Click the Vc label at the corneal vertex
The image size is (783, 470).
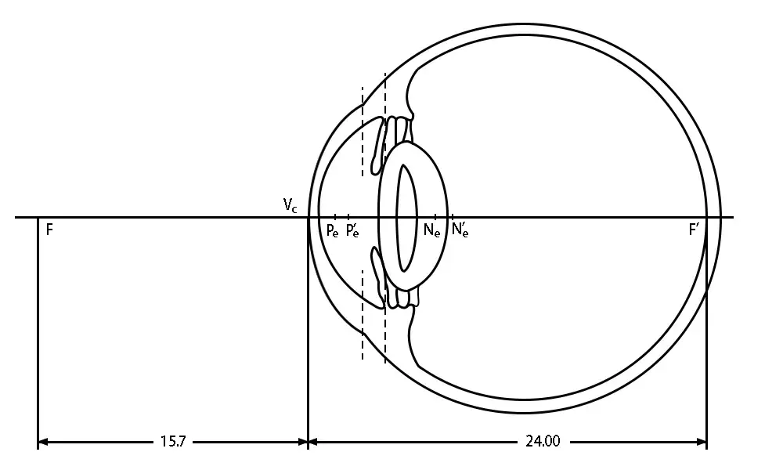[x=290, y=204]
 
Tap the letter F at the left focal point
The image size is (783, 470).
[x=49, y=230]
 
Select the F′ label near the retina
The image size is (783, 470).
[x=694, y=230]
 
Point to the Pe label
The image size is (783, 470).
[x=333, y=231]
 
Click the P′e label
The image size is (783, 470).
[x=352, y=231]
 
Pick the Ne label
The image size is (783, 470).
[x=432, y=230]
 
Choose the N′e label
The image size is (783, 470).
[x=460, y=230]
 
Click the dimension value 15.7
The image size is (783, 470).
[x=173, y=442]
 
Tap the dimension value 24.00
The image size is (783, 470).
[x=543, y=441]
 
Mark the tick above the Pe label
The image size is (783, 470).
[x=335, y=217]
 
